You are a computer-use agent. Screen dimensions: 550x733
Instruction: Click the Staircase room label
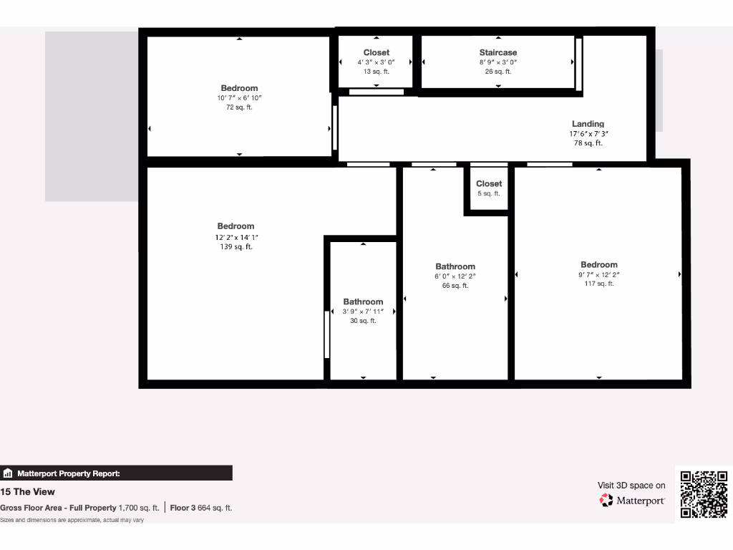point(497,52)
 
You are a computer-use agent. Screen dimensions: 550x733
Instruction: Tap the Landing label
point(588,124)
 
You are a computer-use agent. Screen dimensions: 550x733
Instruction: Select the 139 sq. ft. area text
point(236,247)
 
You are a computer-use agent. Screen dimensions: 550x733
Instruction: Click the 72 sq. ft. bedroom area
point(239,107)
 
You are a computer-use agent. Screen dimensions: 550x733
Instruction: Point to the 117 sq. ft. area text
point(599,284)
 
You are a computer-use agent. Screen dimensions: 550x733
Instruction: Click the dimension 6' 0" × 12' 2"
point(455,276)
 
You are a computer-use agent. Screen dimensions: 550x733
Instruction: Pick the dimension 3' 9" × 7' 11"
point(363,312)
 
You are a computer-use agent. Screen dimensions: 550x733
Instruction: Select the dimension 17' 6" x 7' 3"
point(588,134)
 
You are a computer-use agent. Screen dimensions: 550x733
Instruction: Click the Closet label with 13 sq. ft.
point(377,52)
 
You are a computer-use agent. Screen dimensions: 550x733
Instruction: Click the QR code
point(704,494)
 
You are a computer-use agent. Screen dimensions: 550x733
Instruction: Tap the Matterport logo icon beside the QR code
point(606,501)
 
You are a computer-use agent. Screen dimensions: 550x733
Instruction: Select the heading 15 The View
point(28,492)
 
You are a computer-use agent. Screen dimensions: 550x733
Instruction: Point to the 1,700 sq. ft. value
point(139,508)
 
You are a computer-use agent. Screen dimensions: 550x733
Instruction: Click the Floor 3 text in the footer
point(183,508)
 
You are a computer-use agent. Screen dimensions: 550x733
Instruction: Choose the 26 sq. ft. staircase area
point(497,72)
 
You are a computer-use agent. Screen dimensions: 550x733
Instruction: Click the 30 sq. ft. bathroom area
point(363,321)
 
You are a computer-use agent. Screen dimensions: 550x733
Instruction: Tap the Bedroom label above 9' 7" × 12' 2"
point(599,264)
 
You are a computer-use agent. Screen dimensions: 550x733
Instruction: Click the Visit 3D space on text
point(631,486)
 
